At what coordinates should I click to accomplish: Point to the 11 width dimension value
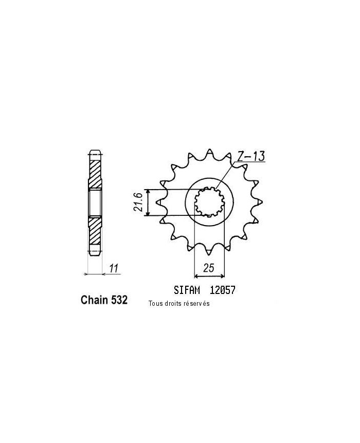(x=114, y=268)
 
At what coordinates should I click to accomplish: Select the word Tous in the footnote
(x=154, y=304)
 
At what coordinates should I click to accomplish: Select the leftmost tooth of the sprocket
(x=163, y=202)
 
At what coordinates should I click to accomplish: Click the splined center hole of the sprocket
(x=210, y=202)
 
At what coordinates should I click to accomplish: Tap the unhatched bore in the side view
(x=96, y=202)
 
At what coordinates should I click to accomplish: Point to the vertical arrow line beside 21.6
(x=148, y=202)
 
